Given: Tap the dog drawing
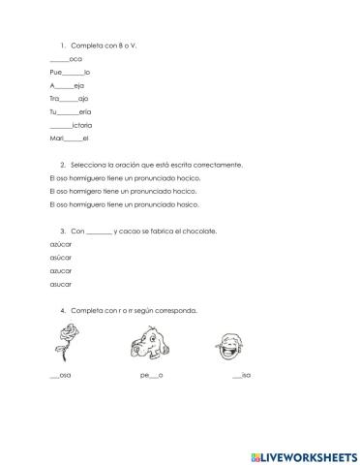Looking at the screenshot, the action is [150, 344].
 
